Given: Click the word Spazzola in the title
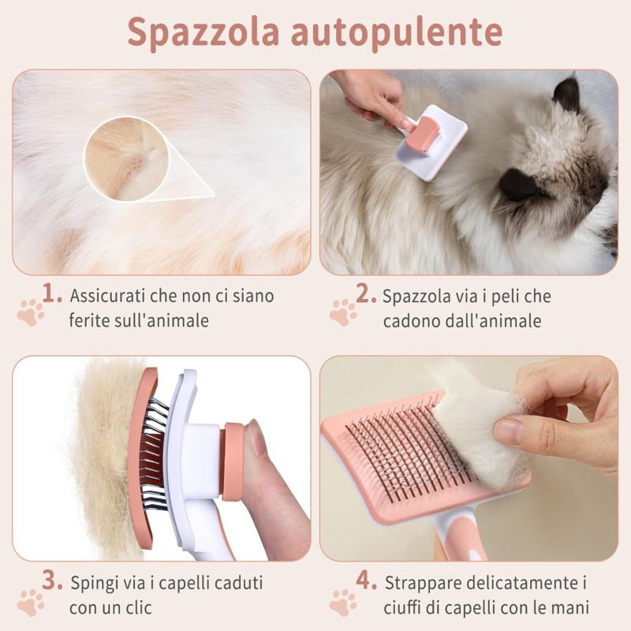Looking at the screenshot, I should coord(202,33).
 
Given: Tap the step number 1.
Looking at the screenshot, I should coord(51,294).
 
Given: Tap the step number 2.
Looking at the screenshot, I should coord(365,294).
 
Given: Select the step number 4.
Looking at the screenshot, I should coord(365,581).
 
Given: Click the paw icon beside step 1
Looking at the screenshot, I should coord(31,312).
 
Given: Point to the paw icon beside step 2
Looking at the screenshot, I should coord(343,312).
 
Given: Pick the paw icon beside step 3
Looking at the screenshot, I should coord(31,601).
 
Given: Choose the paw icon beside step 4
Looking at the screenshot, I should coord(343,601).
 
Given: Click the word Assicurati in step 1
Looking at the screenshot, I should coord(106,297).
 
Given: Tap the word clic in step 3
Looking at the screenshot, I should coord(137,608).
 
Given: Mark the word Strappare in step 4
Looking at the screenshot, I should coord(421,584).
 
